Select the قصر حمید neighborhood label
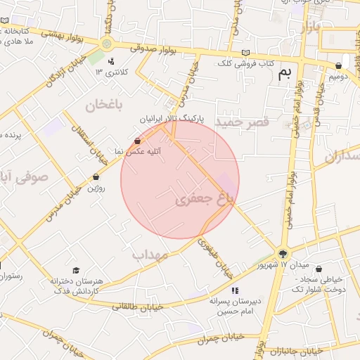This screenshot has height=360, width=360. click(243, 123)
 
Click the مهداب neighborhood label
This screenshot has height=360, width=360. click(150, 255)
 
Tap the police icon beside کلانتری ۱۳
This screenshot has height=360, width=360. click(110, 61)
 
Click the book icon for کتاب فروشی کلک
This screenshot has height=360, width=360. click(245, 53)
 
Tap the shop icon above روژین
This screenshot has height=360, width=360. click(96, 177)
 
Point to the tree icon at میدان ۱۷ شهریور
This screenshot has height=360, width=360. click(283, 254)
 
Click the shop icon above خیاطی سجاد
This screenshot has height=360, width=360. click(319, 269)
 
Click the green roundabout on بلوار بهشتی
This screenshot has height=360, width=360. click(107, 44)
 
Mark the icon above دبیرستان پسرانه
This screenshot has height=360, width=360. click(234, 290)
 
